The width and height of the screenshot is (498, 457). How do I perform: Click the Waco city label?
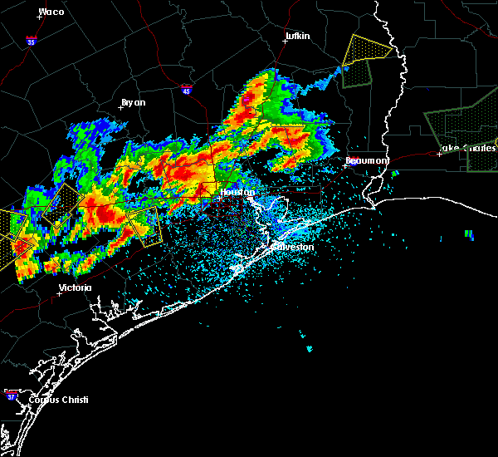pos(51,12)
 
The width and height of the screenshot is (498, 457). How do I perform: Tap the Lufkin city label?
pos(296,37)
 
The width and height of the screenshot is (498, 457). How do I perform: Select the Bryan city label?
pos(133,102)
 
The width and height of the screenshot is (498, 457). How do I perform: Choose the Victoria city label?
pos(75,287)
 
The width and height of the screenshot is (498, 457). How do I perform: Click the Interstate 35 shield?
pos(30,39)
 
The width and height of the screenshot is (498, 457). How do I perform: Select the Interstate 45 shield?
pos(186,88)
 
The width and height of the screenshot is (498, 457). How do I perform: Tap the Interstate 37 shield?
pos(11,391)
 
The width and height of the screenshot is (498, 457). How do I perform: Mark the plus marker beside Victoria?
pos(59,293)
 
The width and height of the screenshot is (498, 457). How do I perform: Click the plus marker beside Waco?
pos(40,17)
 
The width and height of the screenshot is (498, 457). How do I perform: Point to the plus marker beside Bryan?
pos(121,107)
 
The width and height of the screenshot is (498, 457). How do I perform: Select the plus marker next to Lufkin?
pos(285,42)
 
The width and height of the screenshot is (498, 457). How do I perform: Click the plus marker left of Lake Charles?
pos(439,154)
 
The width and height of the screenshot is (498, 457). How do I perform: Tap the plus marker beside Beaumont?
pos(353,164)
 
